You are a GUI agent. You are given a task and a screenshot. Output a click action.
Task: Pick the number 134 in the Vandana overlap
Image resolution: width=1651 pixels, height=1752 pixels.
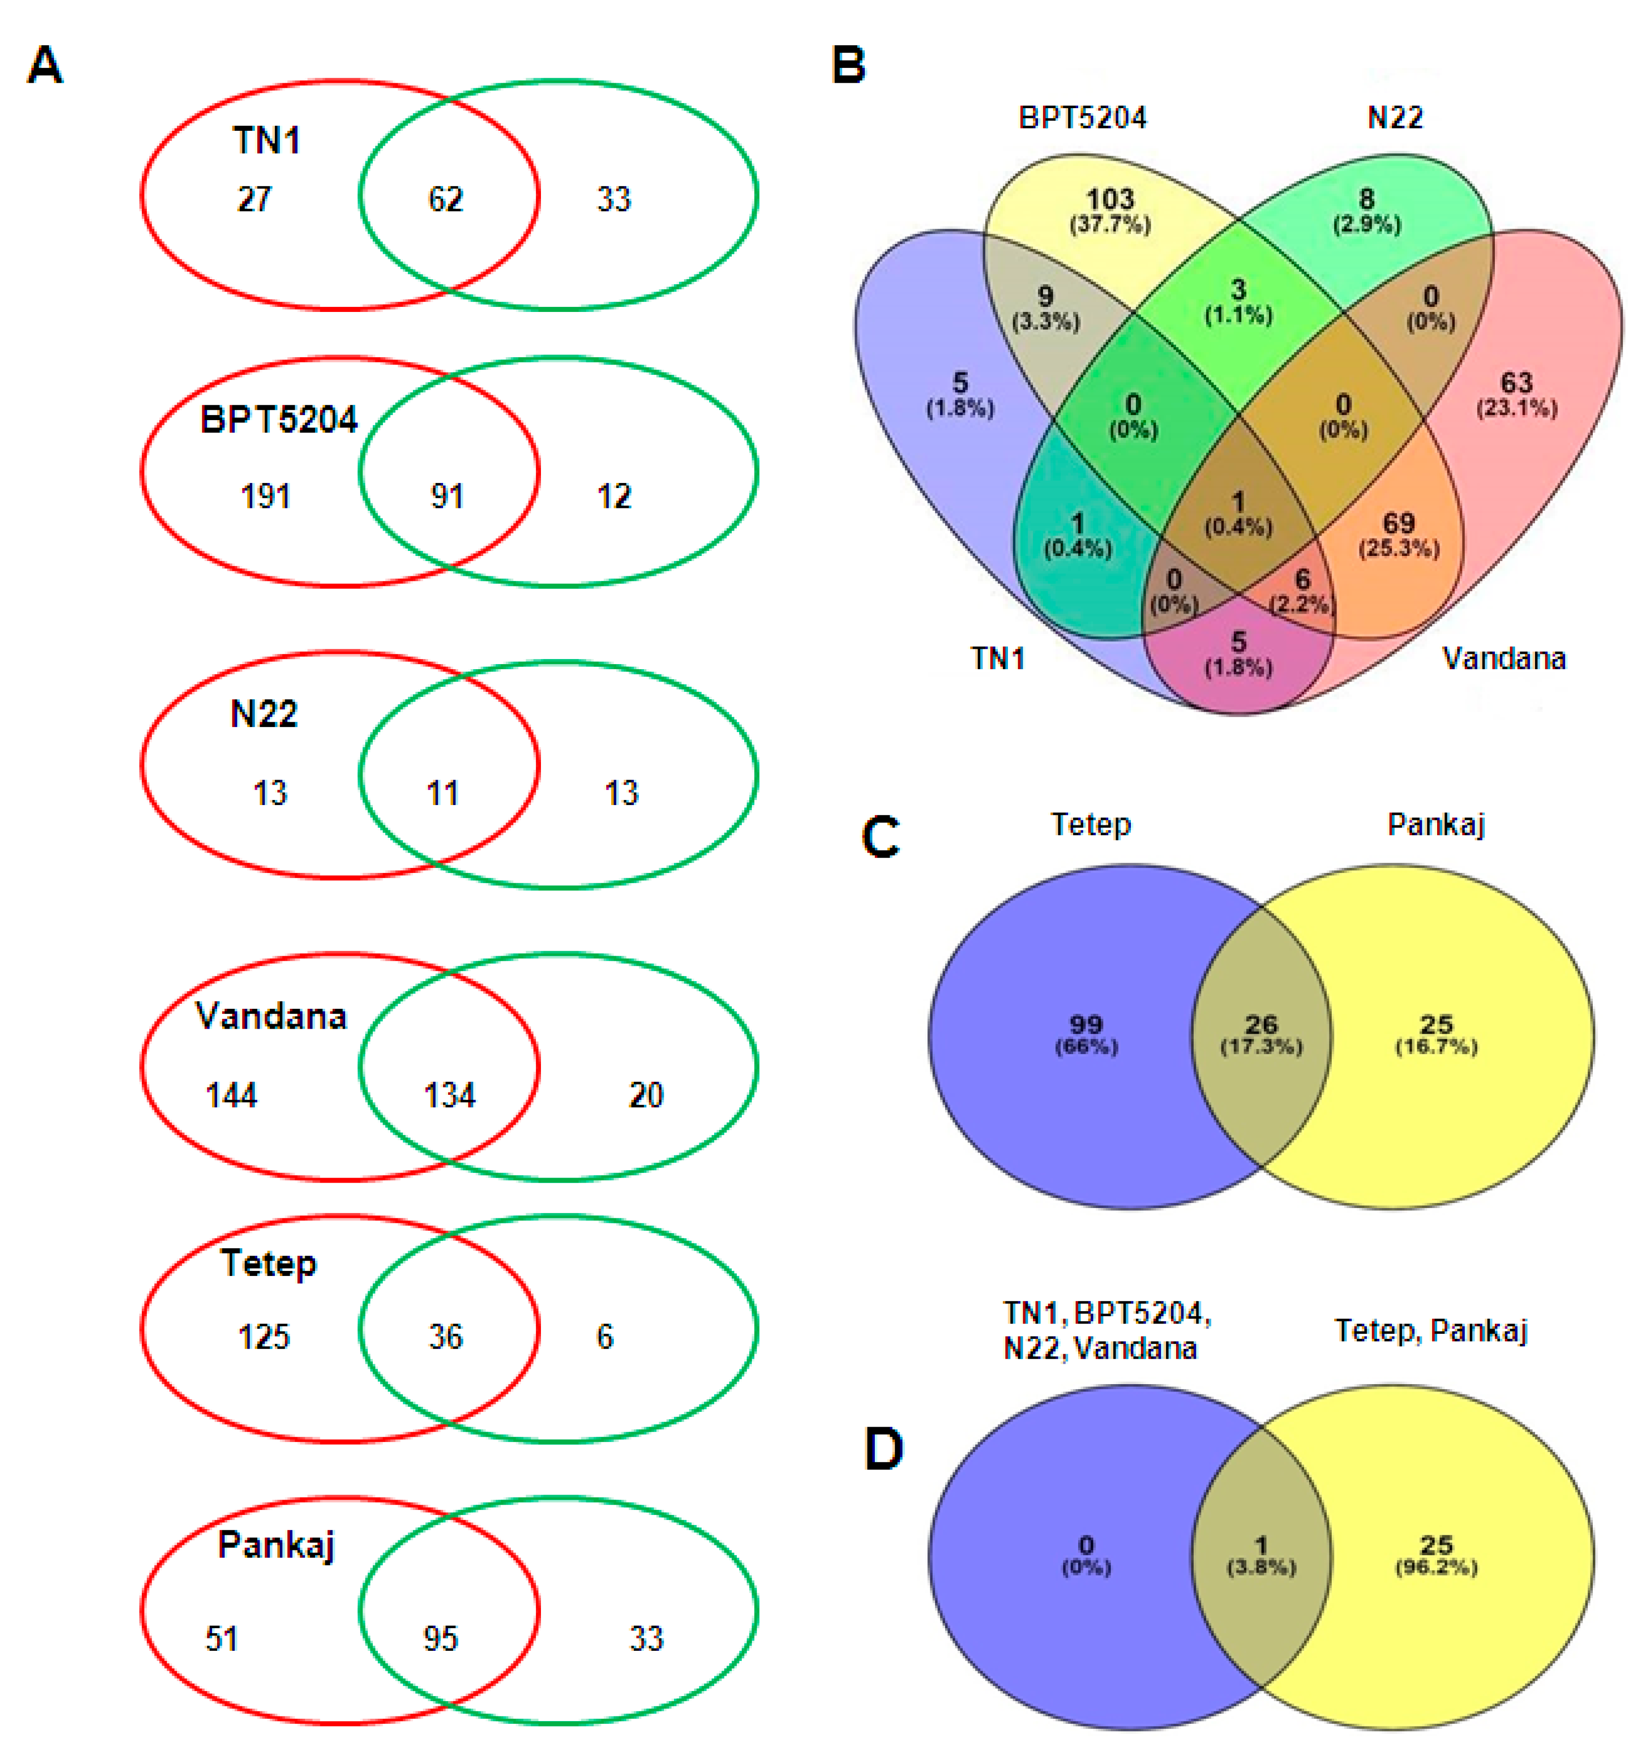(449, 1095)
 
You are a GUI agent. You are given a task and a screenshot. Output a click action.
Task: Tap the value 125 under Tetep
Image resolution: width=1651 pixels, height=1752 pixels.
(263, 1337)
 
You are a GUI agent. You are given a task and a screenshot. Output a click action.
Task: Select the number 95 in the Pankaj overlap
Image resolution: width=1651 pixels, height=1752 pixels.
(441, 1638)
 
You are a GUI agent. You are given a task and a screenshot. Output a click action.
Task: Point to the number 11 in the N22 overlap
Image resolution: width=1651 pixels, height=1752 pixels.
(442, 793)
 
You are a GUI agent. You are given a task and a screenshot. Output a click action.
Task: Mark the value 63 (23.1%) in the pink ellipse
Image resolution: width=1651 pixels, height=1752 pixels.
(1516, 393)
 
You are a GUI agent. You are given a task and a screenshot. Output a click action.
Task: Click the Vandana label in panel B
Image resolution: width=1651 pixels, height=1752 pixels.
(1503, 658)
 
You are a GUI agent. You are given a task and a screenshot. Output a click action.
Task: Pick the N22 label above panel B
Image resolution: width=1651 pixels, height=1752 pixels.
(1395, 117)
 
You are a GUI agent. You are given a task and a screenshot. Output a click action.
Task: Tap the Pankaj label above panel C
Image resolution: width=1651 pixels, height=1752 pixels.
(1436, 824)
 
